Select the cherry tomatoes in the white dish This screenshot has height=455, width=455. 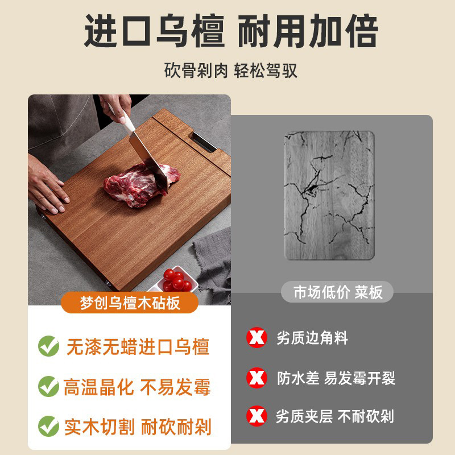pos(177,279)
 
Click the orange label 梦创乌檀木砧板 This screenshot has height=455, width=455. pos(130,302)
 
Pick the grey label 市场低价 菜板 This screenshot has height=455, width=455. pos(338,292)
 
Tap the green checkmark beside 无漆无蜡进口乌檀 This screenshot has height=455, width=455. pos(48,346)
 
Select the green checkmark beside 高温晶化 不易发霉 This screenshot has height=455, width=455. pos(48,387)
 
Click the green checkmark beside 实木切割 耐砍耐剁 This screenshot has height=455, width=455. pos(48,425)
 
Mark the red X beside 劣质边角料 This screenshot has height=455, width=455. pos(257,338)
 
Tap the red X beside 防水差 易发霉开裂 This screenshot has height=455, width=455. pos(257,377)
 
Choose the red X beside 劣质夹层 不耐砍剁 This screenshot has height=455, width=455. pos(257,416)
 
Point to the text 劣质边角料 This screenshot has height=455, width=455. pos(312,338)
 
